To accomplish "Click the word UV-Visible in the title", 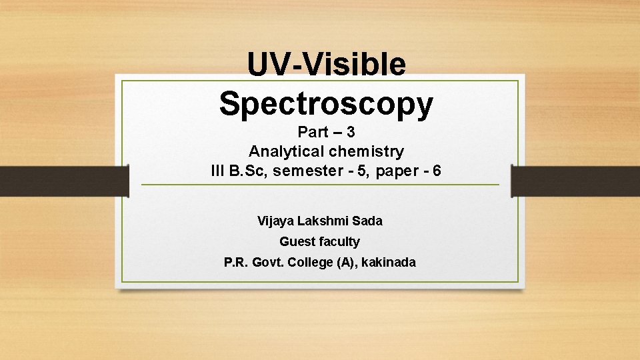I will (326, 65).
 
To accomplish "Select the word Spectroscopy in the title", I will (326, 103).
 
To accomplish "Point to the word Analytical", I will (283, 151).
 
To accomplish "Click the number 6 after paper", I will (437, 171).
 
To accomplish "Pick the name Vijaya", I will (275, 221).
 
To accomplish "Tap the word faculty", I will (340, 241).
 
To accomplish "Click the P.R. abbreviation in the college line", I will (237, 262).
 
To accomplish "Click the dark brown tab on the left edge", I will (63, 181).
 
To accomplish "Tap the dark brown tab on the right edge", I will (575, 181).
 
